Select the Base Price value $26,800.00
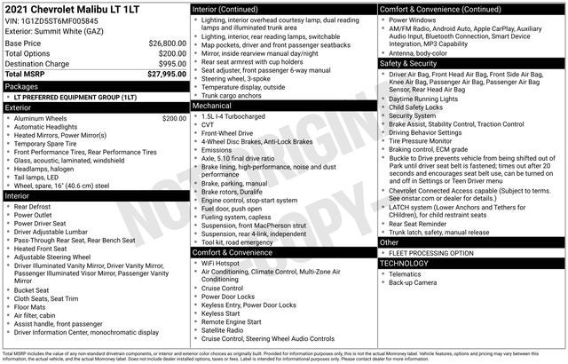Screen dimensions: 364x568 [x=167, y=43]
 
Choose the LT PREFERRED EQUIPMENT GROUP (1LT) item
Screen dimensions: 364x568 [x=75, y=98]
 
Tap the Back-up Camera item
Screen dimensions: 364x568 [x=413, y=282]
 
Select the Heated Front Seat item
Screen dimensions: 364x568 [x=43, y=249]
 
